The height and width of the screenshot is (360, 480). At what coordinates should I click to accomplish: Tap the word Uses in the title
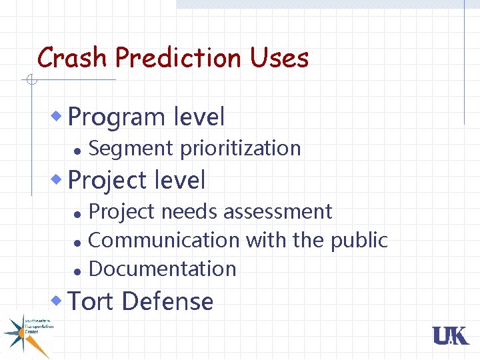pyautogui.click(x=279, y=58)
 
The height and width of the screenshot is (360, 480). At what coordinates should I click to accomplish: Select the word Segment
pyautogui.click(x=131, y=148)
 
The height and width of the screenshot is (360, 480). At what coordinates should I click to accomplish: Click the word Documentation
pyautogui.click(x=162, y=269)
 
